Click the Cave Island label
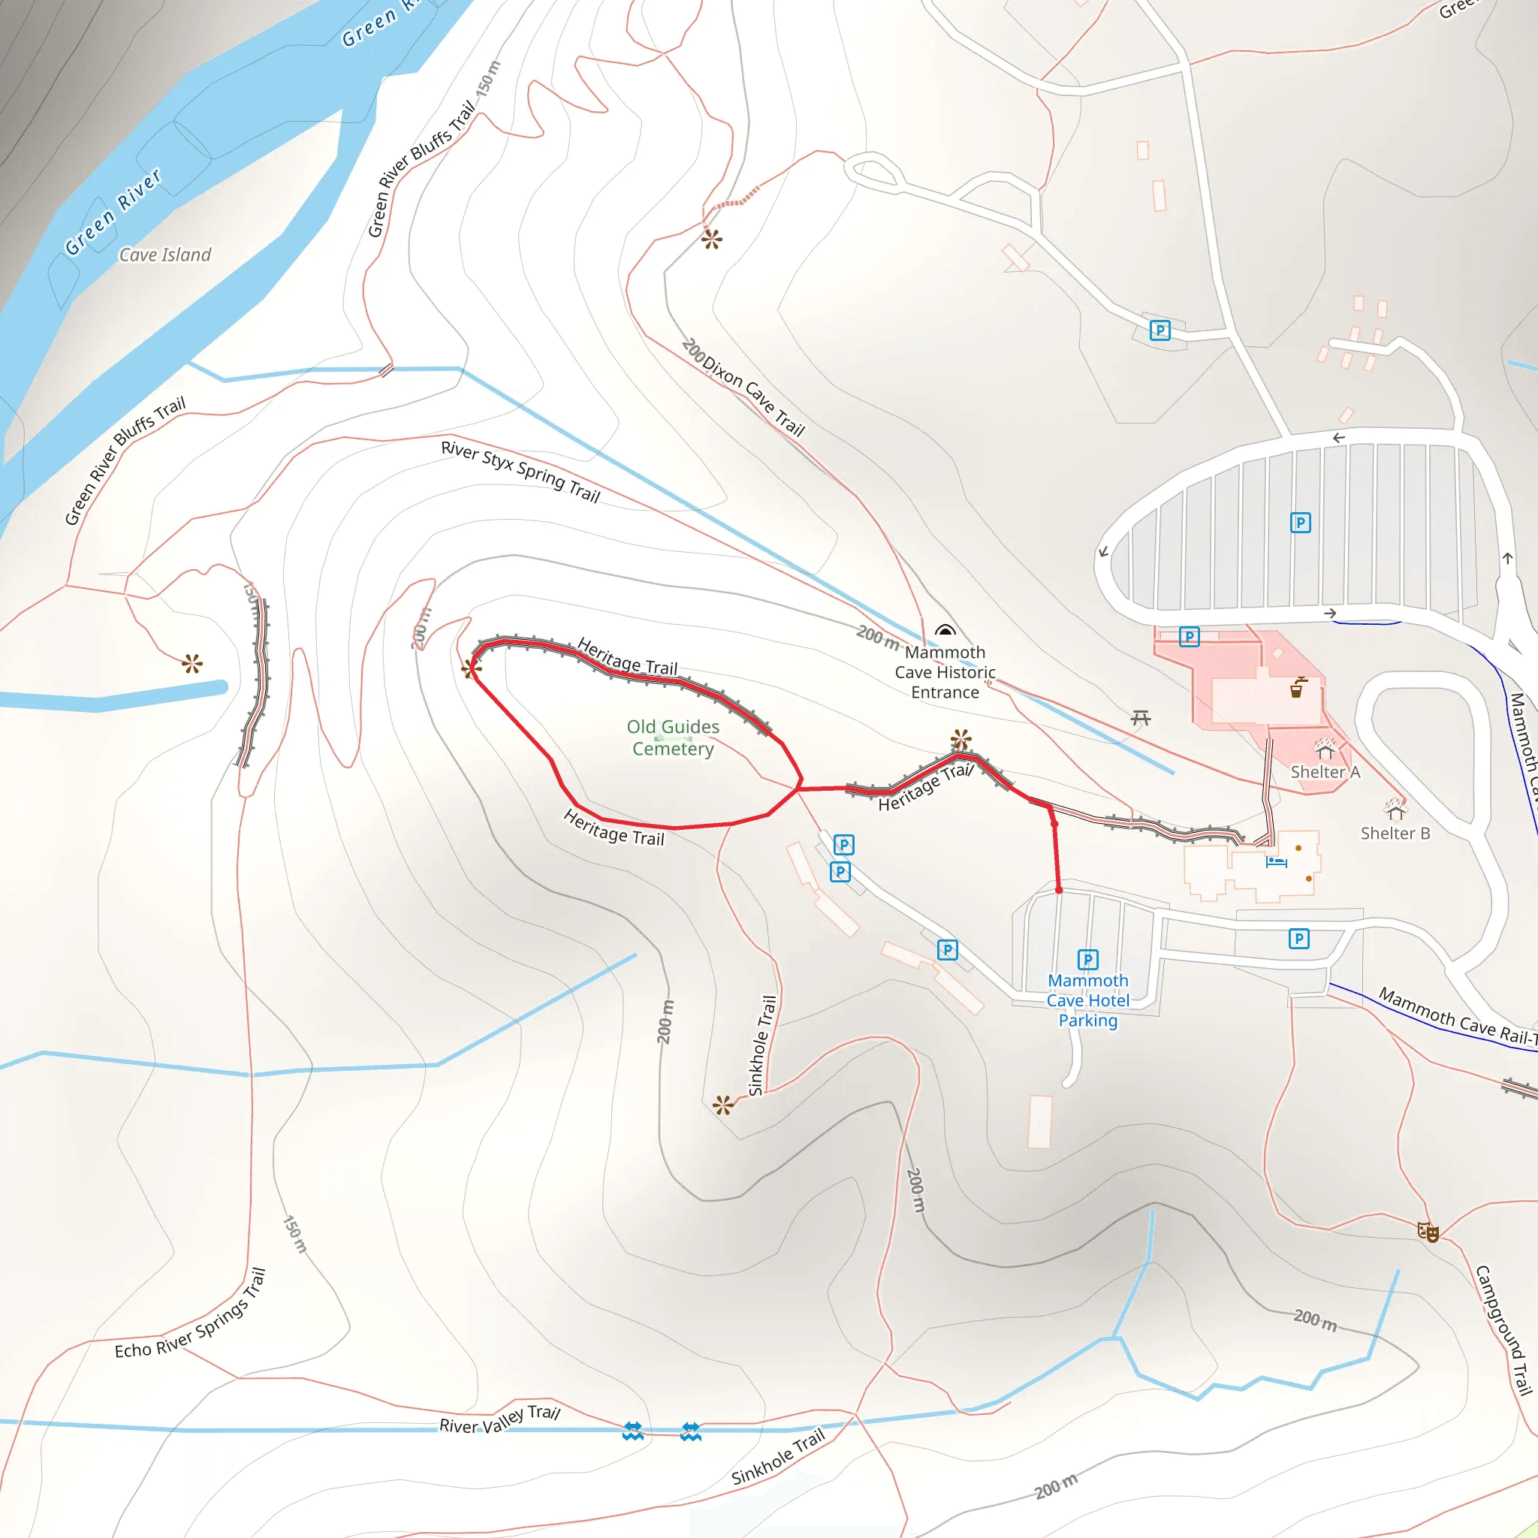pos(164,255)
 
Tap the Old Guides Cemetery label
pos(673,737)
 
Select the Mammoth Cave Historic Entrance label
pos(945,672)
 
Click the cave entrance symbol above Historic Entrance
pos(945,631)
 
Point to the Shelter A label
pos(1325,771)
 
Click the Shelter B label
pos(1395,833)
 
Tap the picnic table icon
pos(1141,718)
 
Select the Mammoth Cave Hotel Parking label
pos(1087,1000)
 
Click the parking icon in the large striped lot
pos(1300,522)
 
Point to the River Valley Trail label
pos(500,1419)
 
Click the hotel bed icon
pos(1276,861)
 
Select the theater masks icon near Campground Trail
pos(1428,1232)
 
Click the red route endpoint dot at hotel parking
pos(1059,889)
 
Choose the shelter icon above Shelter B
pos(1395,811)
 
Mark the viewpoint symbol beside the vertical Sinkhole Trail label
pos(723,1105)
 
